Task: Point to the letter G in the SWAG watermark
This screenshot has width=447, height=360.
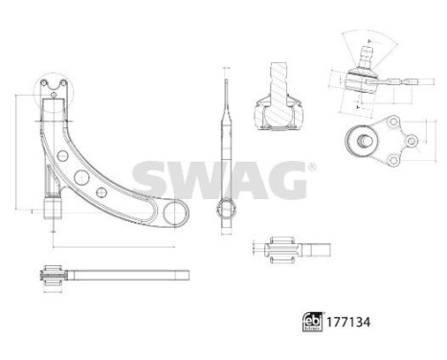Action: coord(282,177)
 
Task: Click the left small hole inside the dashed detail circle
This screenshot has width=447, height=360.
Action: coord(49,93)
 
